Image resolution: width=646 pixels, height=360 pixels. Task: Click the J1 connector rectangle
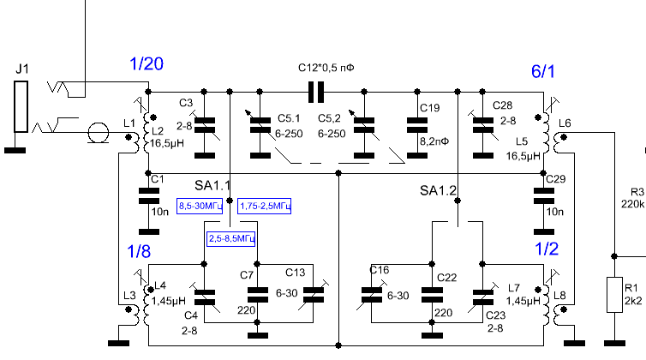(21, 106)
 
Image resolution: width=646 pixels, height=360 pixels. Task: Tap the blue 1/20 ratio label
(147, 64)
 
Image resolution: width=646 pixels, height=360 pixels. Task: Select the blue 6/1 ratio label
(543, 71)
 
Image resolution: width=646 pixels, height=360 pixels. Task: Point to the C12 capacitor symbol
(316, 92)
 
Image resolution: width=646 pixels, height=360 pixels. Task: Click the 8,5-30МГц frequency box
(200, 206)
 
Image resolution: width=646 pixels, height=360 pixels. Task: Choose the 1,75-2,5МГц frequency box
(265, 206)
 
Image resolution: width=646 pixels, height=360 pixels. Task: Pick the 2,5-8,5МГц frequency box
(231, 238)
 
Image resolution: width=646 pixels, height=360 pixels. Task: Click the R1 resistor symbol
(614, 295)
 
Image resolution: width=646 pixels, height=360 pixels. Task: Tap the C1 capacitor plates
(149, 196)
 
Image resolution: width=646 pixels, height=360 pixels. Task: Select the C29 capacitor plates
(544, 196)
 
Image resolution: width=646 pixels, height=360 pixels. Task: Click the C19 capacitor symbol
(417, 125)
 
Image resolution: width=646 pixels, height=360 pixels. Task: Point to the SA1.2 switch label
(439, 190)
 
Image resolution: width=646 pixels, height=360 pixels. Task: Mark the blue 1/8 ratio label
(139, 251)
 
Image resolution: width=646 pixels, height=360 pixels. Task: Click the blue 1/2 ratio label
(547, 249)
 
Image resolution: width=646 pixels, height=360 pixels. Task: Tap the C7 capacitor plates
(258, 295)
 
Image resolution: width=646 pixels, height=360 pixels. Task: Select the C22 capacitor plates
(432, 295)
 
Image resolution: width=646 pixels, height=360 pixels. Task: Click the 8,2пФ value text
(434, 141)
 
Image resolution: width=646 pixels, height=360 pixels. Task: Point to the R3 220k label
(634, 198)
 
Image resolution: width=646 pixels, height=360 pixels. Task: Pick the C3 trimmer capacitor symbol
(205, 125)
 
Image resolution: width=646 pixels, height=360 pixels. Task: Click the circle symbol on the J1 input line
(98, 133)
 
